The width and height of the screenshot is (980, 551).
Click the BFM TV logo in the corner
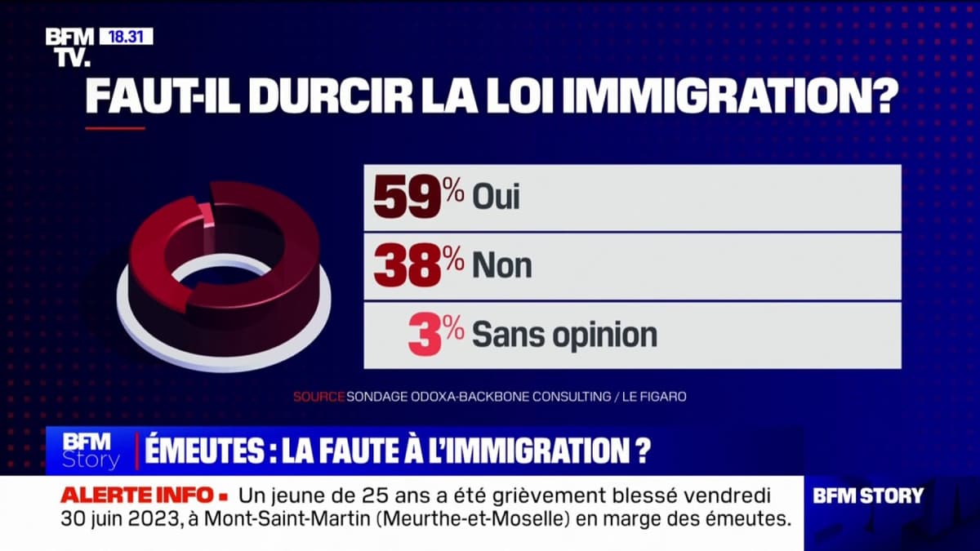click(x=69, y=47)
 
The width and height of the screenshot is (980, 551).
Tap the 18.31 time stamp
click(x=126, y=37)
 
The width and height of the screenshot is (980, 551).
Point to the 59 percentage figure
click(x=408, y=198)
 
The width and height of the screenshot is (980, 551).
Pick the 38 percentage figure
click(x=408, y=266)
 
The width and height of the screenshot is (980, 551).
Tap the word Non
click(x=501, y=266)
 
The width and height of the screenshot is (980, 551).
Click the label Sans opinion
click(x=564, y=335)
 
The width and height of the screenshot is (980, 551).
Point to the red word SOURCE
click(x=318, y=397)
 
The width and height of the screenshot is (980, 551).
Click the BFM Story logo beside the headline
click(x=91, y=450)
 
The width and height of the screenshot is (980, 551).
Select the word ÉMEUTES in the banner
click(x=195, y=450)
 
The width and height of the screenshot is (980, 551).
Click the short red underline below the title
click(x=114, y=128)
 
